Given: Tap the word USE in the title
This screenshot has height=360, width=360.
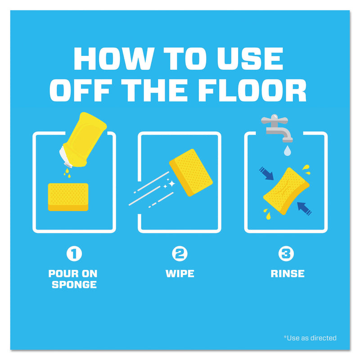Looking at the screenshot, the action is (250, 58).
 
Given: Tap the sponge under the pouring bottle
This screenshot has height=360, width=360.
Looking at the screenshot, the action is (68, 197).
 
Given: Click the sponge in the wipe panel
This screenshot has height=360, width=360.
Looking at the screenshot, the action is (191, 173).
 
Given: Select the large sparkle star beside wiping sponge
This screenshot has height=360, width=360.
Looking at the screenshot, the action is (171, 183).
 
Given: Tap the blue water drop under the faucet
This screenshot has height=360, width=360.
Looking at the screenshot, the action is (288, 151).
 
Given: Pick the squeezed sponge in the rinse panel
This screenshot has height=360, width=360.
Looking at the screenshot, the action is (286, 191).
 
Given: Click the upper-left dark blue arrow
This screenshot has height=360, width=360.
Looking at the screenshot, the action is (266, 173).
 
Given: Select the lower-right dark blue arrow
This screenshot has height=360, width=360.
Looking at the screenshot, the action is (304, 209).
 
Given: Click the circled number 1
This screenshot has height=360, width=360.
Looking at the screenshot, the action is (74, 254).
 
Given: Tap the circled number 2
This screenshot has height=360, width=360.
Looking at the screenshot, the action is (180, 254).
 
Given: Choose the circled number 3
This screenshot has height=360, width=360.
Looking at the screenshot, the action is (286, 254).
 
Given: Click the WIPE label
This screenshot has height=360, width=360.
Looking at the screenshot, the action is (180, 274).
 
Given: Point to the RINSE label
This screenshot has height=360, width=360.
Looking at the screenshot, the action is (288, 274).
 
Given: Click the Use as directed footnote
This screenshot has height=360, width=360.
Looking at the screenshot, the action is (310, 338).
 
